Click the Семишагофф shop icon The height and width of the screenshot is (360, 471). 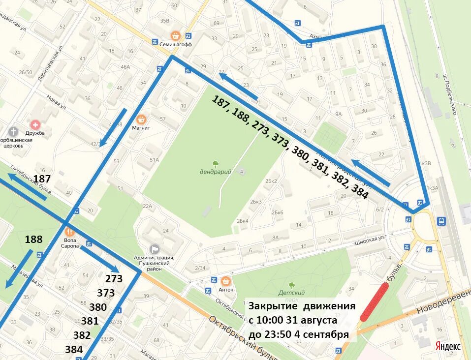tap(175, 35)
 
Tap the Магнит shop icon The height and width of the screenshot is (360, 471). tap(141, 119)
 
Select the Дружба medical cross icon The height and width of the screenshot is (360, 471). tap(35, 124)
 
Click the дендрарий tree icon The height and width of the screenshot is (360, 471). tap(215, 164)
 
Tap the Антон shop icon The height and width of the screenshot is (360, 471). tap(226, 281)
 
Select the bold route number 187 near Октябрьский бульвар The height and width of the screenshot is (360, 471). tap(42, 179)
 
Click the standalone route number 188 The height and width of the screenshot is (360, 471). tap(33, 240)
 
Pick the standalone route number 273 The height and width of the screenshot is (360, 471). tap(114, 279)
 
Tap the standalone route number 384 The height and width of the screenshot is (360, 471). tap(74, 350)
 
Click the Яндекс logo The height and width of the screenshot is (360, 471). tap(448, 346)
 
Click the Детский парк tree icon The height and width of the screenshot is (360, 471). tap(291, 285)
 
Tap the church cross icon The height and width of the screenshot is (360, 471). tap(13, 132)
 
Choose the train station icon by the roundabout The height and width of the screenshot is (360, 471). tap(441, 221)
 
